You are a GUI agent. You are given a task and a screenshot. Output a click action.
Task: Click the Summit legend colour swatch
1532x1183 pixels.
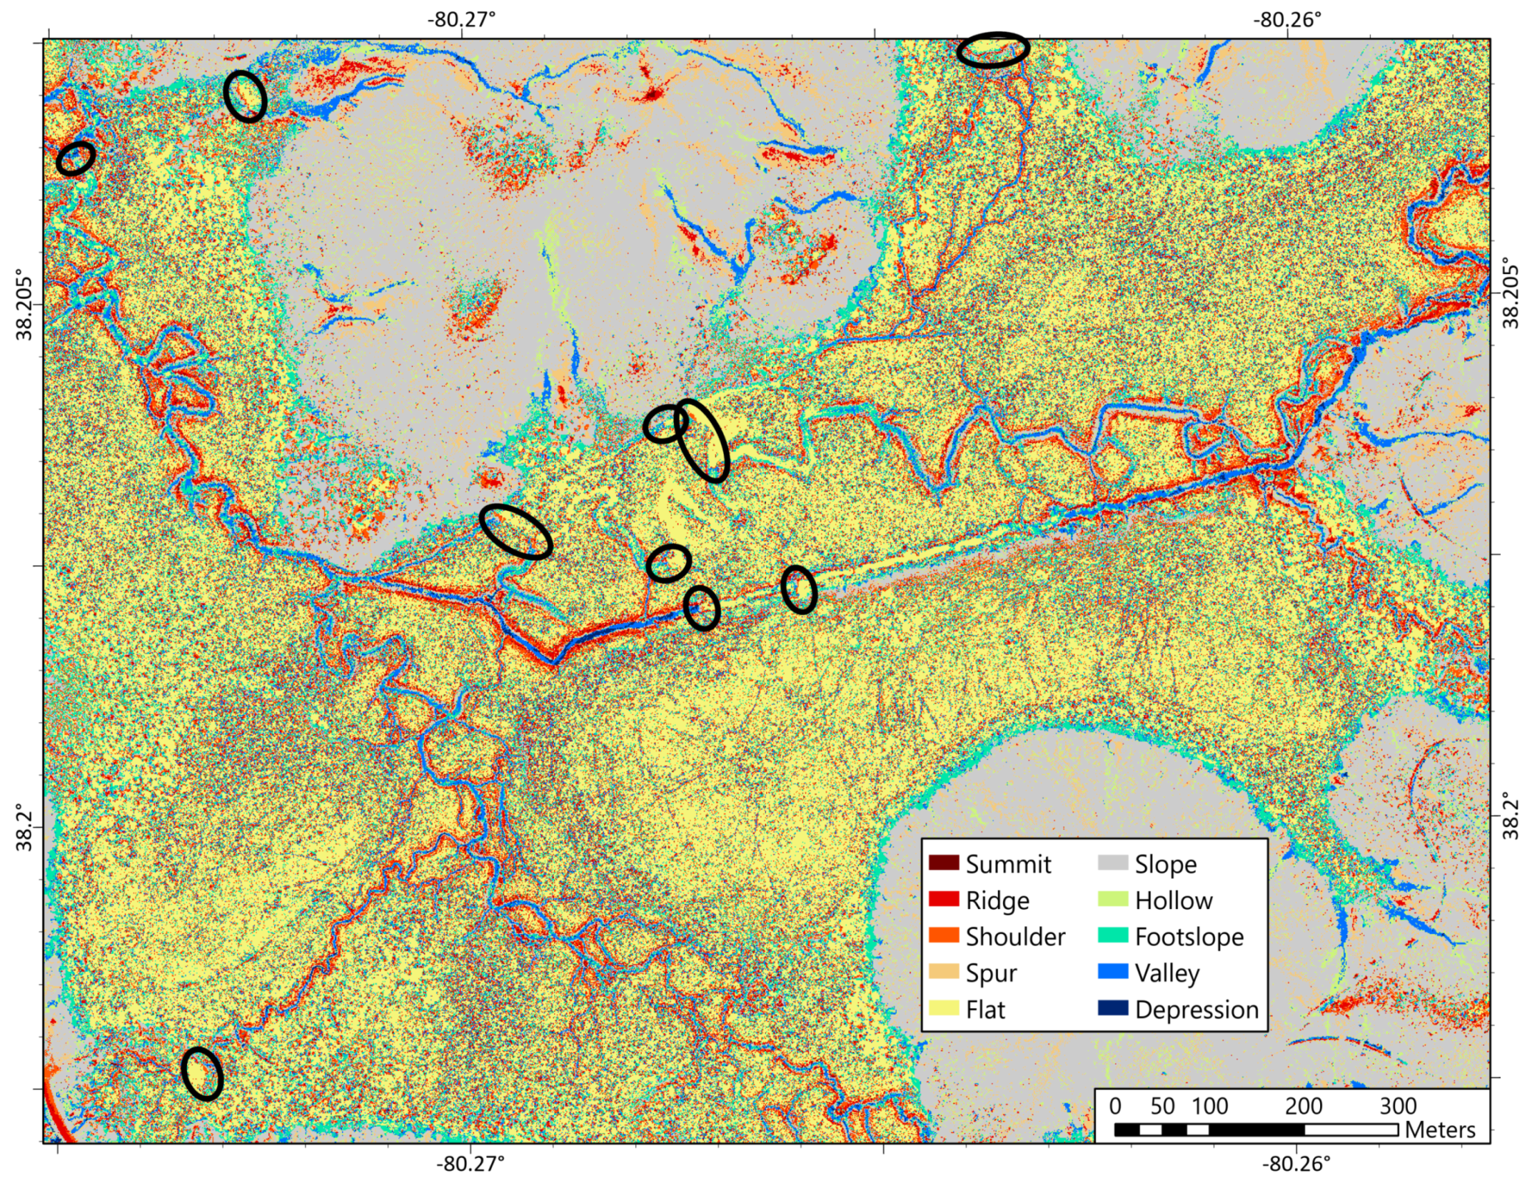tap(943, 863)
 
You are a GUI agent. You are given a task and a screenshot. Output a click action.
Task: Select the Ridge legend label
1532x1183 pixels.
tap(997, 901)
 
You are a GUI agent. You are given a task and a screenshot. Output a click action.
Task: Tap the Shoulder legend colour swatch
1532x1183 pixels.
tap(943, 935)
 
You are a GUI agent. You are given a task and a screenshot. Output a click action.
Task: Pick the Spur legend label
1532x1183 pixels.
tap(991, 973)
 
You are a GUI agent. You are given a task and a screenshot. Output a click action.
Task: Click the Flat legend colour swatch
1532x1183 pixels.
tap(943, 1009)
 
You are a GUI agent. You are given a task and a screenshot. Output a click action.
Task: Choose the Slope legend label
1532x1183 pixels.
tap(1166, 864)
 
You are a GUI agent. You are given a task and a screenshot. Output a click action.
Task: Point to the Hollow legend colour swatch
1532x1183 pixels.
tap(1112, 899)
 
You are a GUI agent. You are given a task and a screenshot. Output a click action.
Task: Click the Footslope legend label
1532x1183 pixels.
tap(1190, 937)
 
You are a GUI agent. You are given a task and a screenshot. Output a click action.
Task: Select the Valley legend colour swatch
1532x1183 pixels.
tap(1112, 972)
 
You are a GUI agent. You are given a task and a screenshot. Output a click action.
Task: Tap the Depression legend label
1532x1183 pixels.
tap(1197, 1010)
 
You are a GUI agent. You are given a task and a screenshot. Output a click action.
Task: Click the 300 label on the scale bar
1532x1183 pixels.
tap(1398, 1106)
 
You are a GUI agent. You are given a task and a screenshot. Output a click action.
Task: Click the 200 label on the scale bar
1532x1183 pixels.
tap(1303, 1106)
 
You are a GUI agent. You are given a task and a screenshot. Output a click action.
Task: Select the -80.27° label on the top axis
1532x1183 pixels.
tap(461, 18)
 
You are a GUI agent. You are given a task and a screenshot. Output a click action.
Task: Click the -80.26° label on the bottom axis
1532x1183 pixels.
tap(1296, 1164)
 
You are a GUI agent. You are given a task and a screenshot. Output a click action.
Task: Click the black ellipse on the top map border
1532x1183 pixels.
tap(993, 50)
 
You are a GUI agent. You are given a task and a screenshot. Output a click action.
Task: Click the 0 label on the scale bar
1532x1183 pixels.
tap(1115, 1106)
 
